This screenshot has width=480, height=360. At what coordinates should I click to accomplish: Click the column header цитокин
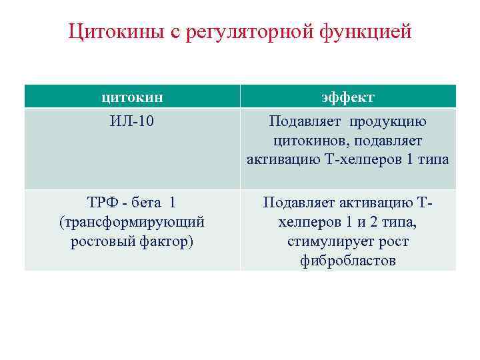click(x=132, y=97)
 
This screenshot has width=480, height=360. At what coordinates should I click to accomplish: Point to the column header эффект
click(x=347, y=97)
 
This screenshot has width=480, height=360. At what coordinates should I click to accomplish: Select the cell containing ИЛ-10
click(x=132, y=122)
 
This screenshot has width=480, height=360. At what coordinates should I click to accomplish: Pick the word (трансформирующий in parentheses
click(x=132, y=221)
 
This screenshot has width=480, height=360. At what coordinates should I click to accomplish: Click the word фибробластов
click(x=347, y=261)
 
